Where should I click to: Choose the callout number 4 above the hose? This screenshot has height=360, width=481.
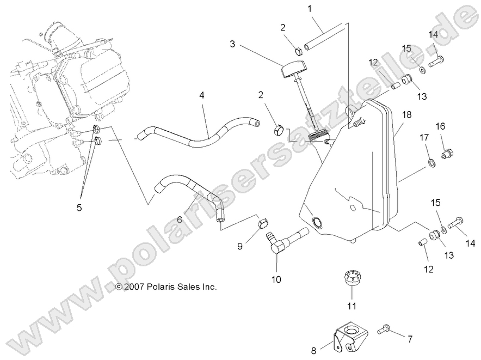point(202,95)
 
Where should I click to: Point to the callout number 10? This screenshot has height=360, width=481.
point(277,280)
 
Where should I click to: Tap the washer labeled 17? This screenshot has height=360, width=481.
point(430,162)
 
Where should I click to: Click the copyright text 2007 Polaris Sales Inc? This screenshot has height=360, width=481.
point(166,286)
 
